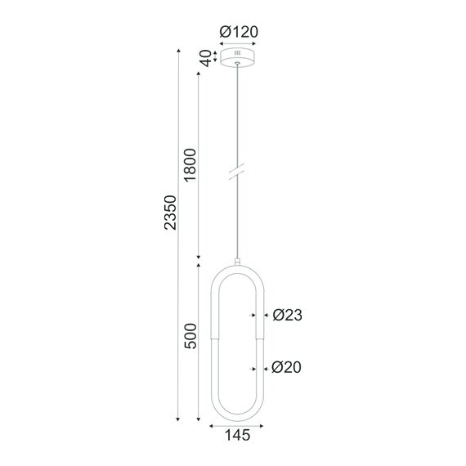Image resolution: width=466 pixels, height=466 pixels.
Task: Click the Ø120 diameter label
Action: click(238, 32)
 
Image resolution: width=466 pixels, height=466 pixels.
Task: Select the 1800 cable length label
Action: click(190, 168)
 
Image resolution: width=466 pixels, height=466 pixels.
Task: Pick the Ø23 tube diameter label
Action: click(287, 315)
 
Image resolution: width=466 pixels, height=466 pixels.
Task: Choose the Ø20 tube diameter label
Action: click(287, 369)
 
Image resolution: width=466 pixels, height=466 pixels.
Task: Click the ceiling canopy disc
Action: click(237, 59)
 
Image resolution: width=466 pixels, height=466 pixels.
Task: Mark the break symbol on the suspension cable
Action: click(237, 173)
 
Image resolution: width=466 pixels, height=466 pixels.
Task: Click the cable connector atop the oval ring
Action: click(237, 262)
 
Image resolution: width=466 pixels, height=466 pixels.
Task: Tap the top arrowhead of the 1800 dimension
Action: click(199, 72)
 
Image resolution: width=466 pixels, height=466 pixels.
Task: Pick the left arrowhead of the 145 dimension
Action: click(213, 425)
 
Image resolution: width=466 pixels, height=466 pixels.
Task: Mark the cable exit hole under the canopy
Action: click(237, 64)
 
